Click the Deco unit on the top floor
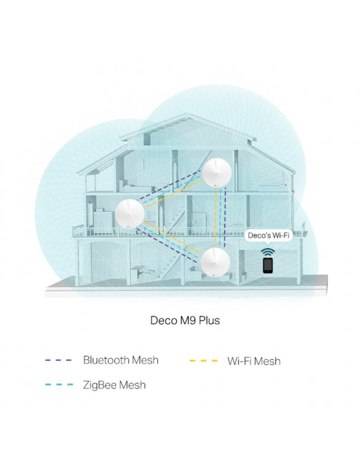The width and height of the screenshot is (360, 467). pos(217,173)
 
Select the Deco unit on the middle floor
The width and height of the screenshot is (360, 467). pos(130,213)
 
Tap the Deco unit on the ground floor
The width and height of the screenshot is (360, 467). pos(215,262)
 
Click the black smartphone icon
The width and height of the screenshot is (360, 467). pos(268,266)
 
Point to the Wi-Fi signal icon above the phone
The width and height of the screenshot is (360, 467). pos(268,252)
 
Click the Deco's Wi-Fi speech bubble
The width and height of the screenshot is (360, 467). pos(269,236)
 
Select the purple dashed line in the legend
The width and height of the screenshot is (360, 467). pos(59,360)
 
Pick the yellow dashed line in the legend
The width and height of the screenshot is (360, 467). pos(203,361)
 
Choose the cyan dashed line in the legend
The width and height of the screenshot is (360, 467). pos(59,385)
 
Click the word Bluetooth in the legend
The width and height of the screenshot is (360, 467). pos(106,360)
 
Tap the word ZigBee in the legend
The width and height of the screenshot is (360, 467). pos(100,385)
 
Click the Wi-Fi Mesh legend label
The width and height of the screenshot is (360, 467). pos(254,361)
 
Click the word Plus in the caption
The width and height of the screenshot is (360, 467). pos(209,320)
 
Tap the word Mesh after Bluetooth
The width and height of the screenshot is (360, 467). pos(145,360)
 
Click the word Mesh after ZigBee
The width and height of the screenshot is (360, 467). pos(133,385)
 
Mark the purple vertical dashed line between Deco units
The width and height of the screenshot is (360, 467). pos(225,217)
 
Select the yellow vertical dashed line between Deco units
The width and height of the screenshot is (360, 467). pos(216,217)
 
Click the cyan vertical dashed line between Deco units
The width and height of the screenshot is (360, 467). pos(221,217)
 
